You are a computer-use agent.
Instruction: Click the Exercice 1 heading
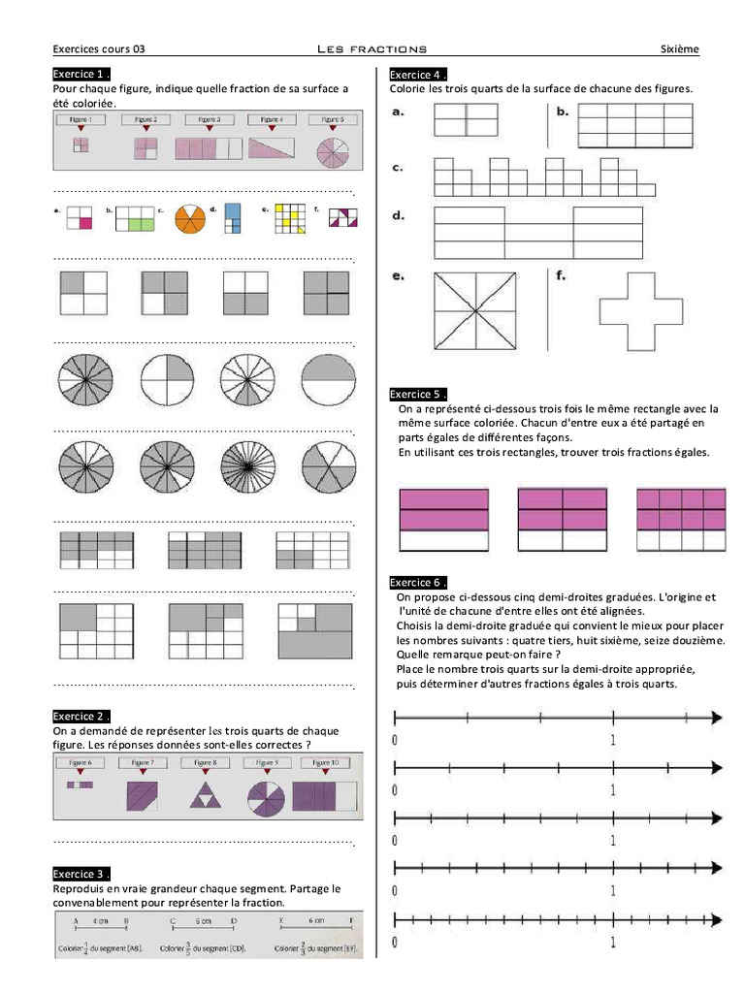[81, 74]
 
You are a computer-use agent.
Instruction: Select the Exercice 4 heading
[418, 75]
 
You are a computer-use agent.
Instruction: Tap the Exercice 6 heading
[418, 582]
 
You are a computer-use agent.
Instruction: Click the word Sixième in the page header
[679, 48]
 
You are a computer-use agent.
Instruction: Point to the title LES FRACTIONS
[372, 48]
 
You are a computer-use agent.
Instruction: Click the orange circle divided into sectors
[190, 218]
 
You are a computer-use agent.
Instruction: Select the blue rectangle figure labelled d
[233, 218]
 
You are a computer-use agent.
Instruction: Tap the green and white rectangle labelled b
[135, 218]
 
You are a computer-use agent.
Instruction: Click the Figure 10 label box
[327, 763]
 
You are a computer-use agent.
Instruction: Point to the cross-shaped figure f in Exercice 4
[640, 309]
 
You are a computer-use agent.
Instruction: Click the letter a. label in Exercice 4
[398, 112]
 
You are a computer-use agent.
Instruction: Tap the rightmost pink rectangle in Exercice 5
[681, 520]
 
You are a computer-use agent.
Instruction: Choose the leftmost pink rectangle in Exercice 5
[443, 522]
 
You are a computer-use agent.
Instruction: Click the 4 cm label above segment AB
[100, 919]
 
